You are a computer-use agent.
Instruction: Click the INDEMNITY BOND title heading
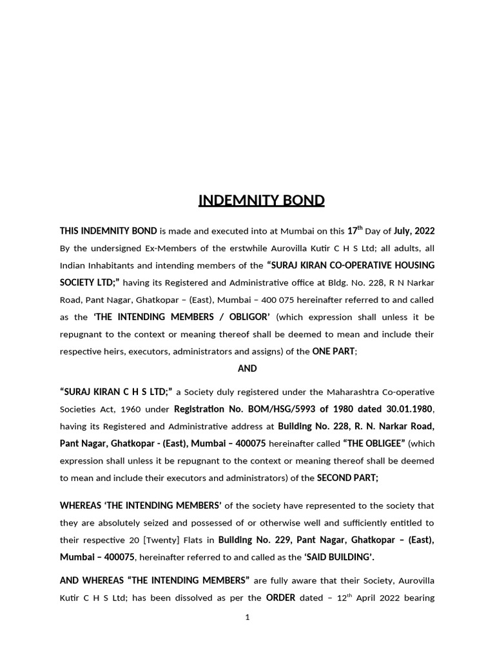(x=261, y=200)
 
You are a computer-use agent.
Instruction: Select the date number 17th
(x=354, y=230)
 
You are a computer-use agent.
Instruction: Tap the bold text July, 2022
(x=414, y=231)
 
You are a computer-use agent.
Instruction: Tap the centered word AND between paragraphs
(x=247, y=369)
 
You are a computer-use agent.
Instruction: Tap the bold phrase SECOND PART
(x=347, y=478)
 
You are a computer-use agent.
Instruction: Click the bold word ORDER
(x=280, y=598)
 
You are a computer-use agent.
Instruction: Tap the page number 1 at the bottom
(x=247, y=618)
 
